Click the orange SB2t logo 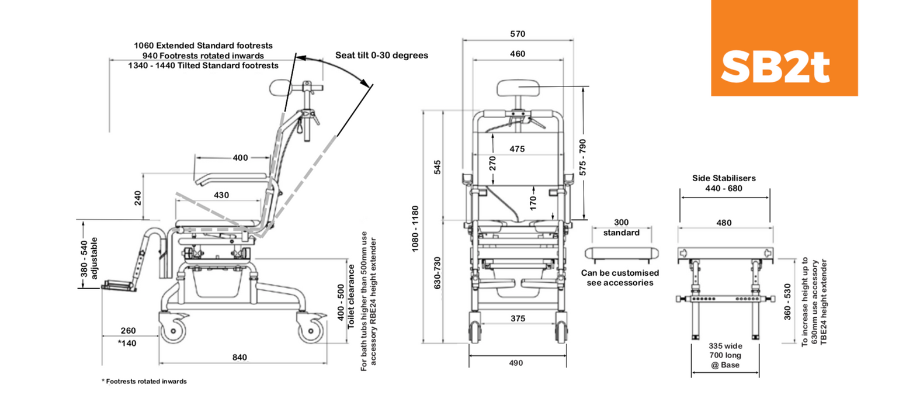pyautogui.click(x=784, y=48)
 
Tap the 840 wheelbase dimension pyautogui.click(x=239, y=357)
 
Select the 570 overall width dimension pyautogui.click(x=518, y=34)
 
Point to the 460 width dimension pyautogui.click(x=518, y=54)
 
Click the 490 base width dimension pyautogui.click(x=516, y=363)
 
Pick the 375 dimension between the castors pyautogui.click(x=518, y=318)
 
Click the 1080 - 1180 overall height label pyautogui.click(x=415, y=228)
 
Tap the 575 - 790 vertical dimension pyautogui.click(x=582, y=157)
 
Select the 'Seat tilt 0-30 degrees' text pyautogui.click(x=381, y=56)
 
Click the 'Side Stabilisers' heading pyautogui.click(x=724, y=178)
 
